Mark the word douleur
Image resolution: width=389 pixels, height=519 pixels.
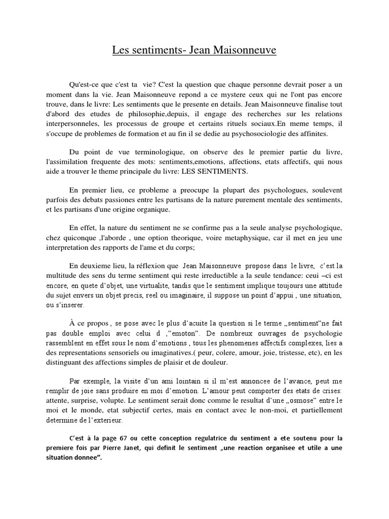pos(215,362)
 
